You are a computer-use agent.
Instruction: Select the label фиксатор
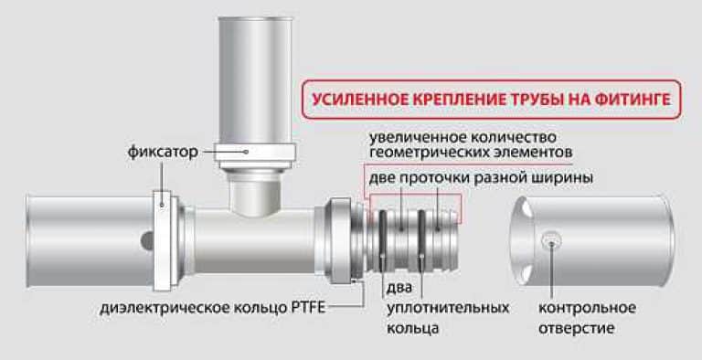[x=163, y=152]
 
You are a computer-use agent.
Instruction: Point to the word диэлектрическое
[x=165, y=309]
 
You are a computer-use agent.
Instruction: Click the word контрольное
[x=587, y=308]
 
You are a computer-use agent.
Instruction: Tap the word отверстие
[x=576, y=328]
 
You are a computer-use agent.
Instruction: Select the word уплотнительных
[x=448, y=309]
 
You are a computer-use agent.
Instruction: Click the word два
[x=399, y=288]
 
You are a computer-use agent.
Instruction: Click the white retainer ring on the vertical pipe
[x=254, y=153]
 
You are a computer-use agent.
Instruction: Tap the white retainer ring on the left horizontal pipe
[x=162, y=240]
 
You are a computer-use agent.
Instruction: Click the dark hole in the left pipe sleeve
[x=146, y=241]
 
